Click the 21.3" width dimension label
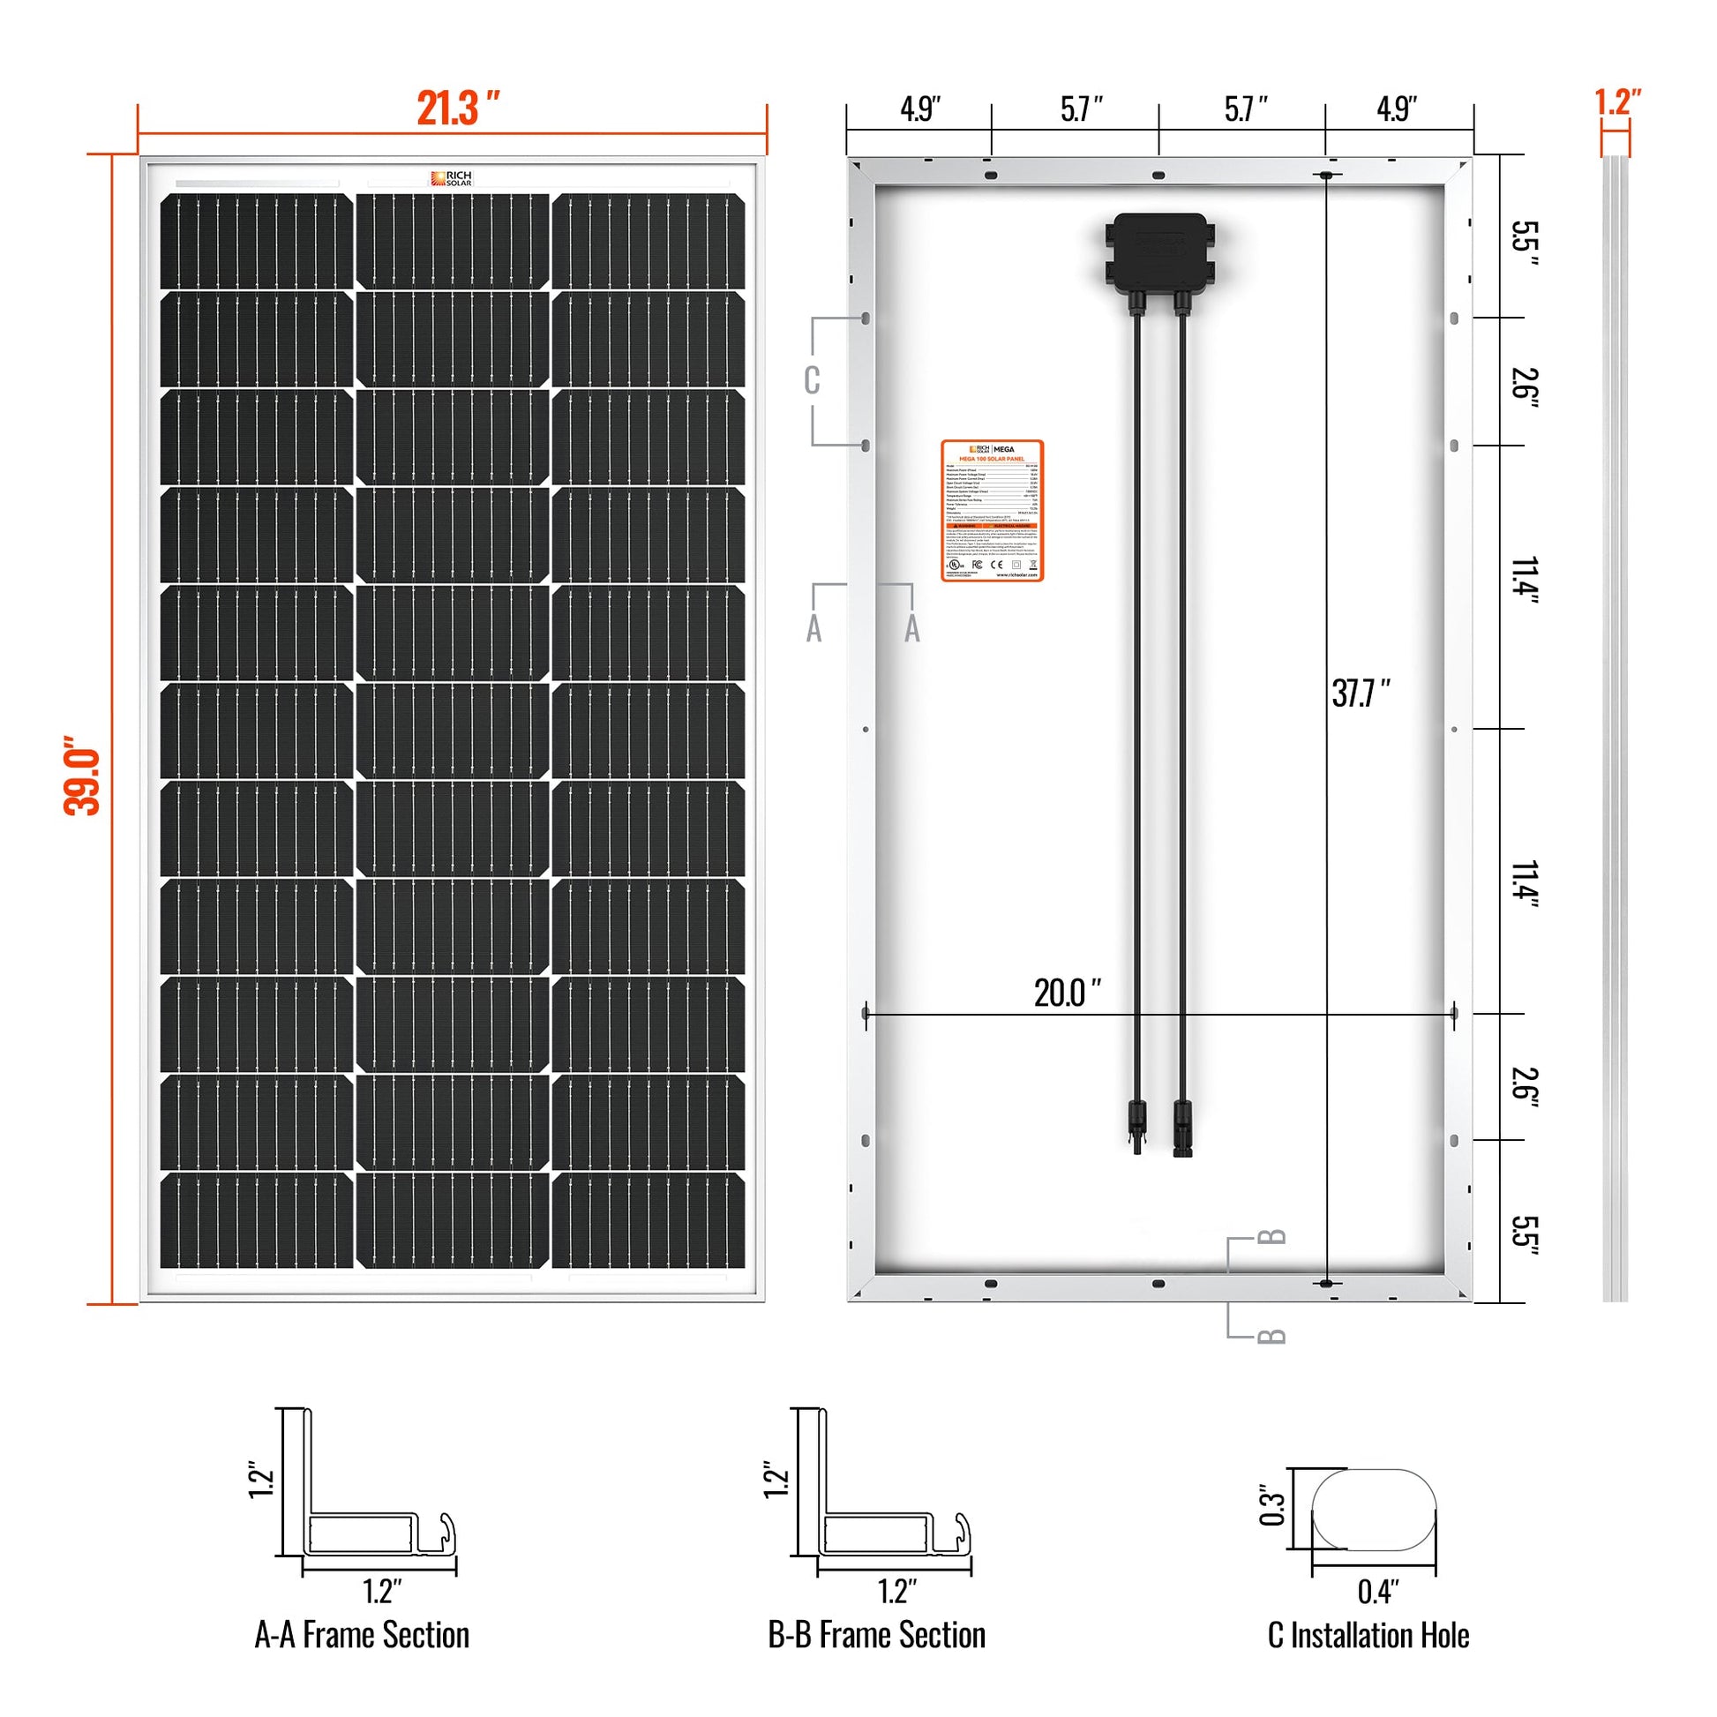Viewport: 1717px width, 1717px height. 457,109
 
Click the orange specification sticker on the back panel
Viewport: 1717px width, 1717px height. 992,511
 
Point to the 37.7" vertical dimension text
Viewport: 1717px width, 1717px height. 1360,694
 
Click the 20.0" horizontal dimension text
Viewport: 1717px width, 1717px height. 1067,993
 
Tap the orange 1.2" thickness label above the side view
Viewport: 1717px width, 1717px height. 1617,101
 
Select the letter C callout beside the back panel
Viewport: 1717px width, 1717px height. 812,380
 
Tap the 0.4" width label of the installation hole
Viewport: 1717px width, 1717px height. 1378,1591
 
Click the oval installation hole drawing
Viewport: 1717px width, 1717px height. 1374,1510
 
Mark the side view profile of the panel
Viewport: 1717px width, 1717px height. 1616,729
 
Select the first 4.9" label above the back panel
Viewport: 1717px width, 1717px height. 919,109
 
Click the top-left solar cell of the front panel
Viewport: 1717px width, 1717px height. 256,241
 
